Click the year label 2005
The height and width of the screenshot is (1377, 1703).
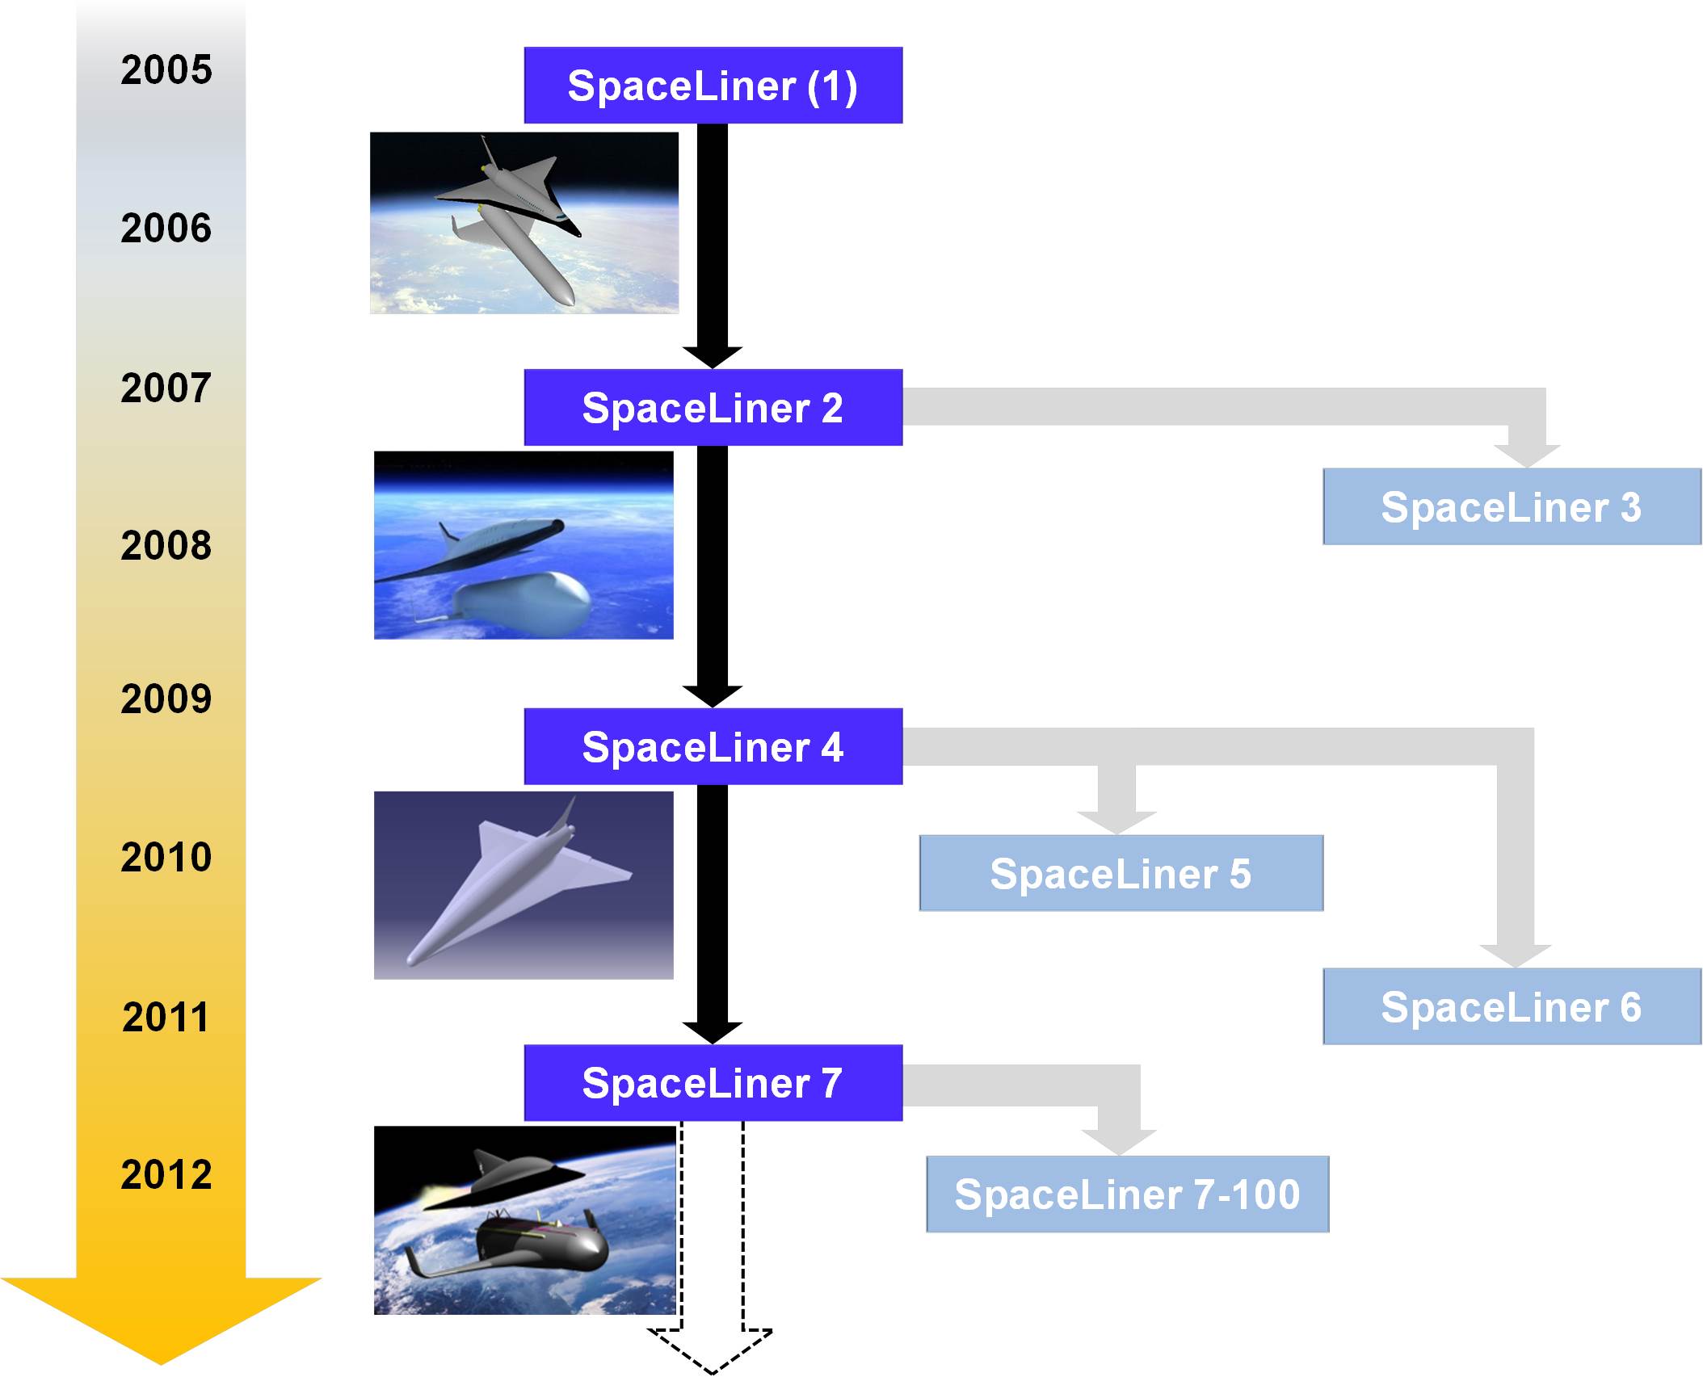tap(166, 69)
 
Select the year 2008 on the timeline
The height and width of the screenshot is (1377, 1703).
tap(166, 546)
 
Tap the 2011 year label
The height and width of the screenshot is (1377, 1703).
tap(166, 1017)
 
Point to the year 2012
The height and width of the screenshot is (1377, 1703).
tap(166, 1174)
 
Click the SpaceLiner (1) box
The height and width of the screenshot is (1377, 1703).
tap(713, 86)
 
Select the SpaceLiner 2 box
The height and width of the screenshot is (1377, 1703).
tap(713, 408)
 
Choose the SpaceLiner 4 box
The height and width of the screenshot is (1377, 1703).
tap(713, 747)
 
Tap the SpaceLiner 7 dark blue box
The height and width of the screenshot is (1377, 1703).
tap(713, 1083)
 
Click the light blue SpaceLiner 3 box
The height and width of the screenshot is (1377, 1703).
tap(1512, 507)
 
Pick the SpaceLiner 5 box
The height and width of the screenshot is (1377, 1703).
tap(1121, 874)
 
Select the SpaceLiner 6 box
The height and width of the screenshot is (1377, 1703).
tap(1512, 1007)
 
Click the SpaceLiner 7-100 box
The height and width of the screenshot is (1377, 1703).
tap(1127, 1194)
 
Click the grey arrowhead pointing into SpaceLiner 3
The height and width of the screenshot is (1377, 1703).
tap(1527, 456)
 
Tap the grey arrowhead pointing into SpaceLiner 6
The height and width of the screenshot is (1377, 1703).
tap(1515, 955)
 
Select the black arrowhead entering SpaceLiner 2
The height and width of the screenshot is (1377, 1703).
tap(712, 356)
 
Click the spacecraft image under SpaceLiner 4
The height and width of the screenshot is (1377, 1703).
tap(524, 885)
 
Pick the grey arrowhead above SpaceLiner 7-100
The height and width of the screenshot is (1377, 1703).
tap(1119, 1142)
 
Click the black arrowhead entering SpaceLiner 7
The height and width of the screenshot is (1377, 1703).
tap(712, 1031)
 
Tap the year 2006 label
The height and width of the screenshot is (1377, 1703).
tap(166, 229)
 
